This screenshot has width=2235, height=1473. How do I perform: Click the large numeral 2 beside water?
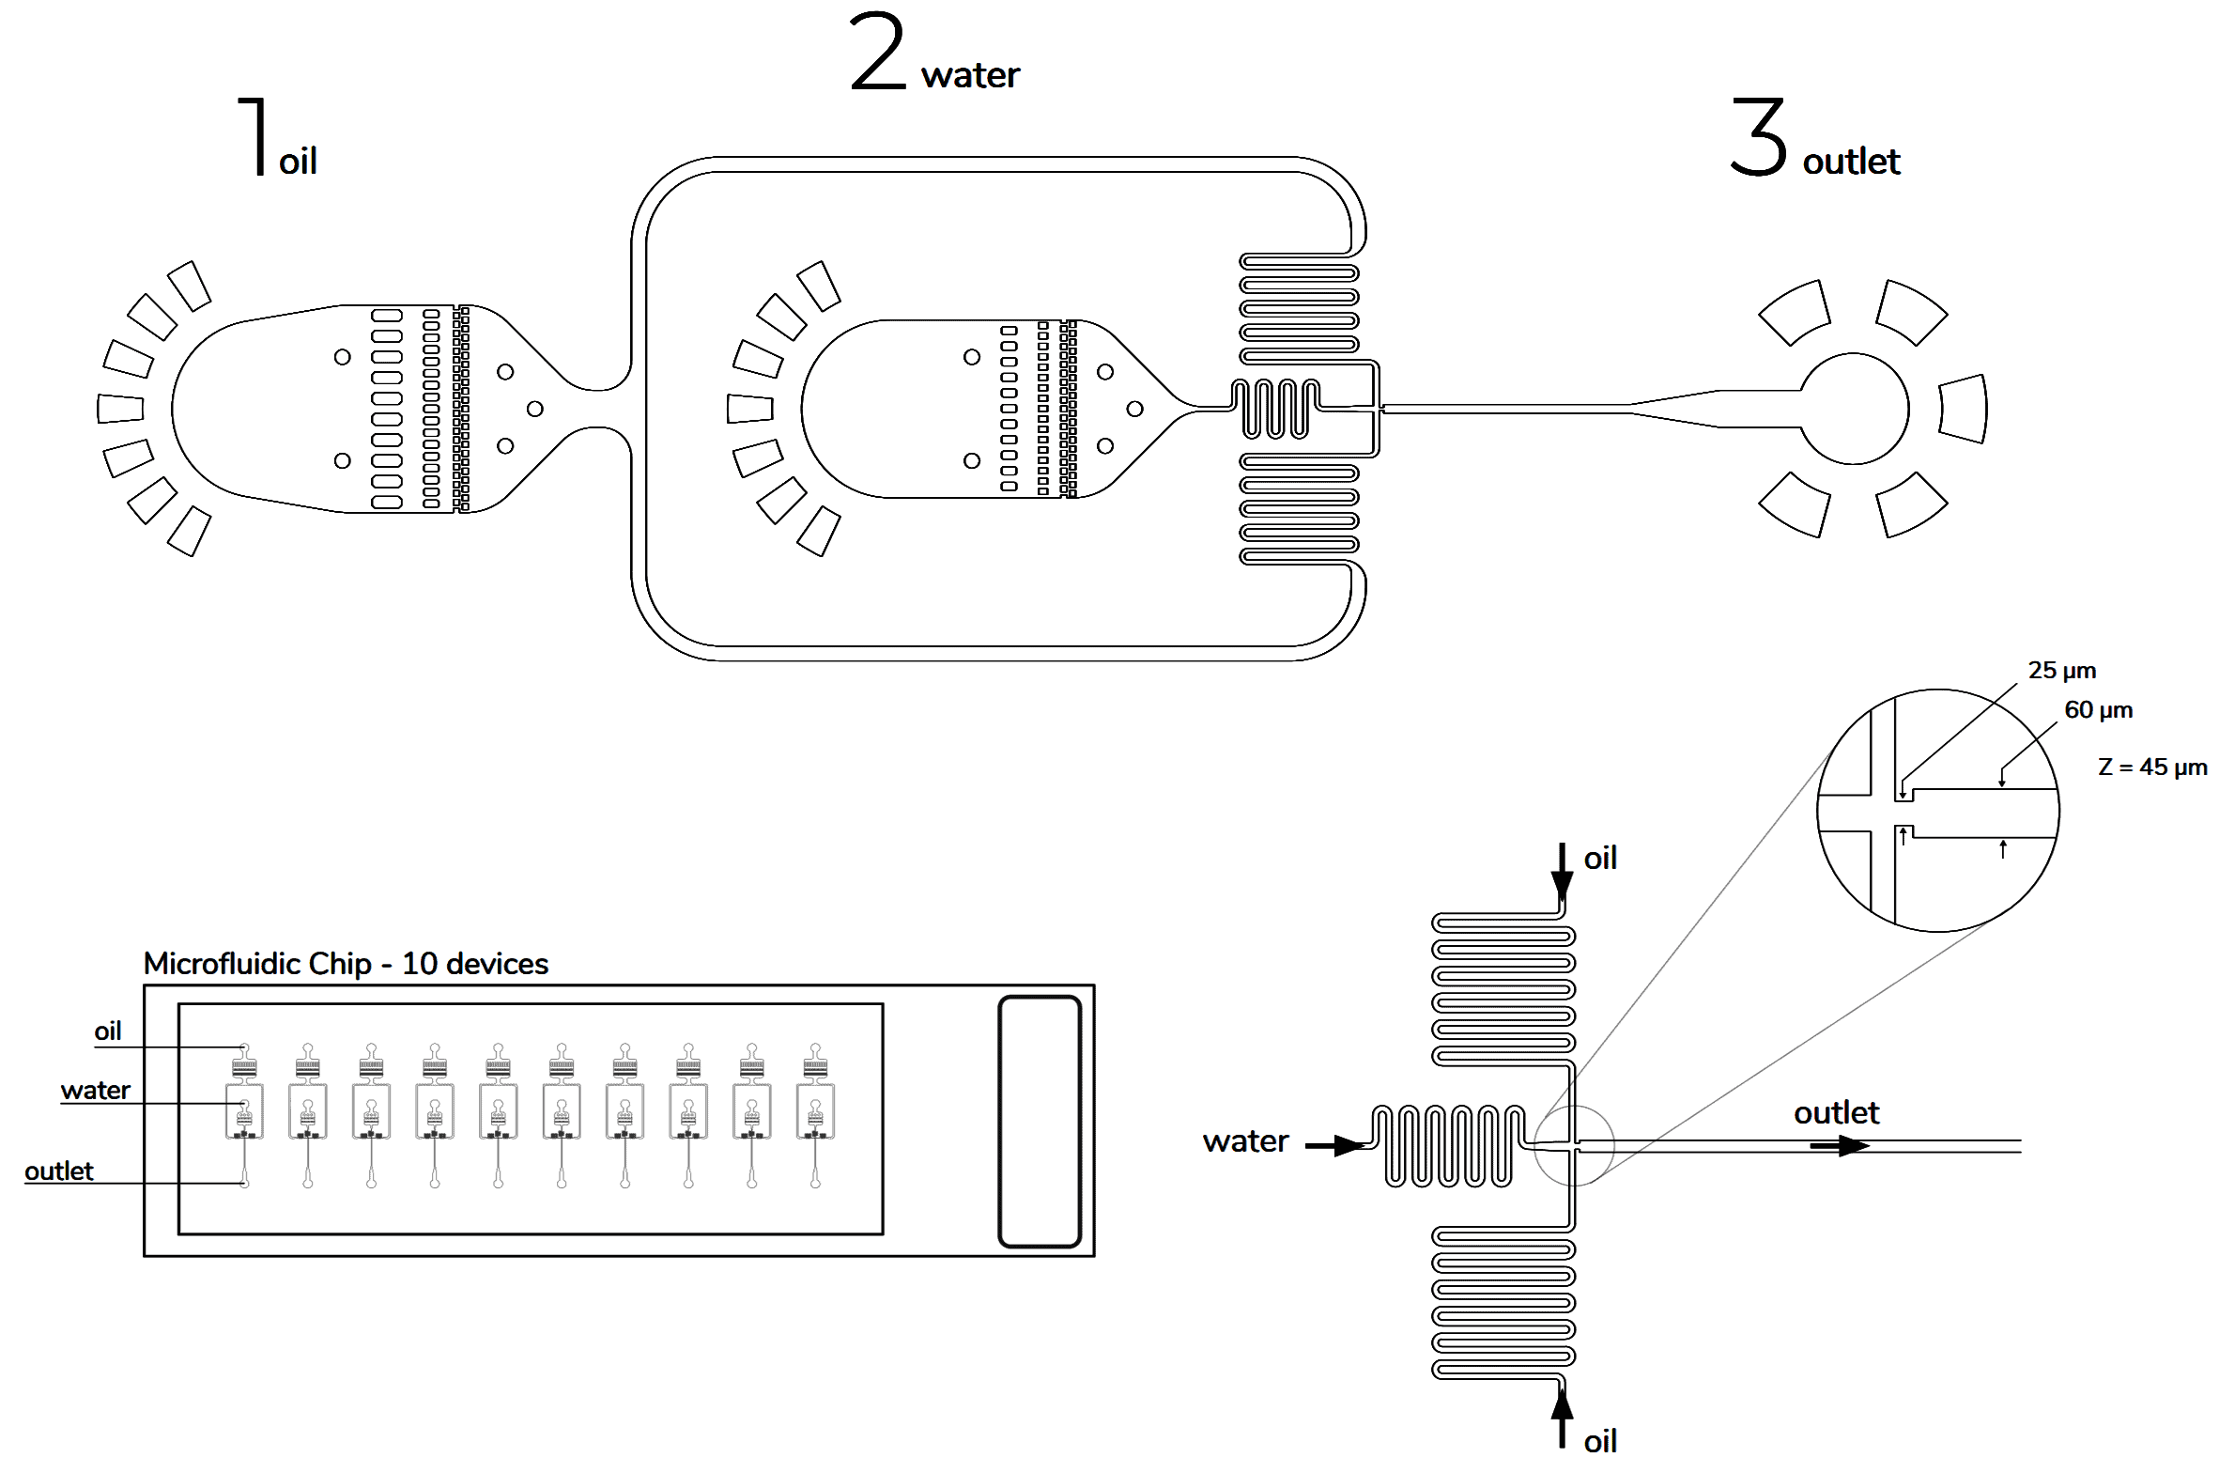click(x=877, y=53)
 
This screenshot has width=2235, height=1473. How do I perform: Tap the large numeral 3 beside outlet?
click(x=1759, y=138)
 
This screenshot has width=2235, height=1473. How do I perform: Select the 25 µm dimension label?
click(x=2061, y=671)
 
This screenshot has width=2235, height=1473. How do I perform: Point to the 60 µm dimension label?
click(x=2098, y=710)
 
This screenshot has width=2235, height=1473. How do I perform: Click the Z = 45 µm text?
click(x=2151, y=768)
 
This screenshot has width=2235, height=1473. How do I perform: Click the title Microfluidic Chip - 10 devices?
click(x=346, y=964)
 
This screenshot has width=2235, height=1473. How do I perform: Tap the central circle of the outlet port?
click(x=1854, y=409)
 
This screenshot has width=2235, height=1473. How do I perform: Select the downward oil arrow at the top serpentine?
click(x=1562, y=872)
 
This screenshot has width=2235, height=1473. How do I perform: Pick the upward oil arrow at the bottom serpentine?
click(x=1562, y=1418)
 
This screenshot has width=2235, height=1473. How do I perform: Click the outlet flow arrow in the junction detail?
click(x=1841, y=1146)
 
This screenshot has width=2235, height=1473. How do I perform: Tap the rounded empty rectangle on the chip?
click(x=1040, y=1122)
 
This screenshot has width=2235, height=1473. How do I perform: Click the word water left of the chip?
click(x=95, y=1091)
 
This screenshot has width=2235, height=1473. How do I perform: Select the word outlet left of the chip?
click(x=58, y=1171)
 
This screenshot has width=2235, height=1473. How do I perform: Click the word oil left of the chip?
click(x=108, y=1031)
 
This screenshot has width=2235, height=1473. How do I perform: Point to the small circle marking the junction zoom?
click(x=1574, y=1145)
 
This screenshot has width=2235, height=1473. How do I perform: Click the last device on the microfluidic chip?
click(x=815, y=1114)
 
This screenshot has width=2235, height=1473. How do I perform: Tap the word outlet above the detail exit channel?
click(x=1836, y=1113)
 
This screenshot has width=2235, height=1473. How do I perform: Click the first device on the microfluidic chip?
click(x=244, y=1114)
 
